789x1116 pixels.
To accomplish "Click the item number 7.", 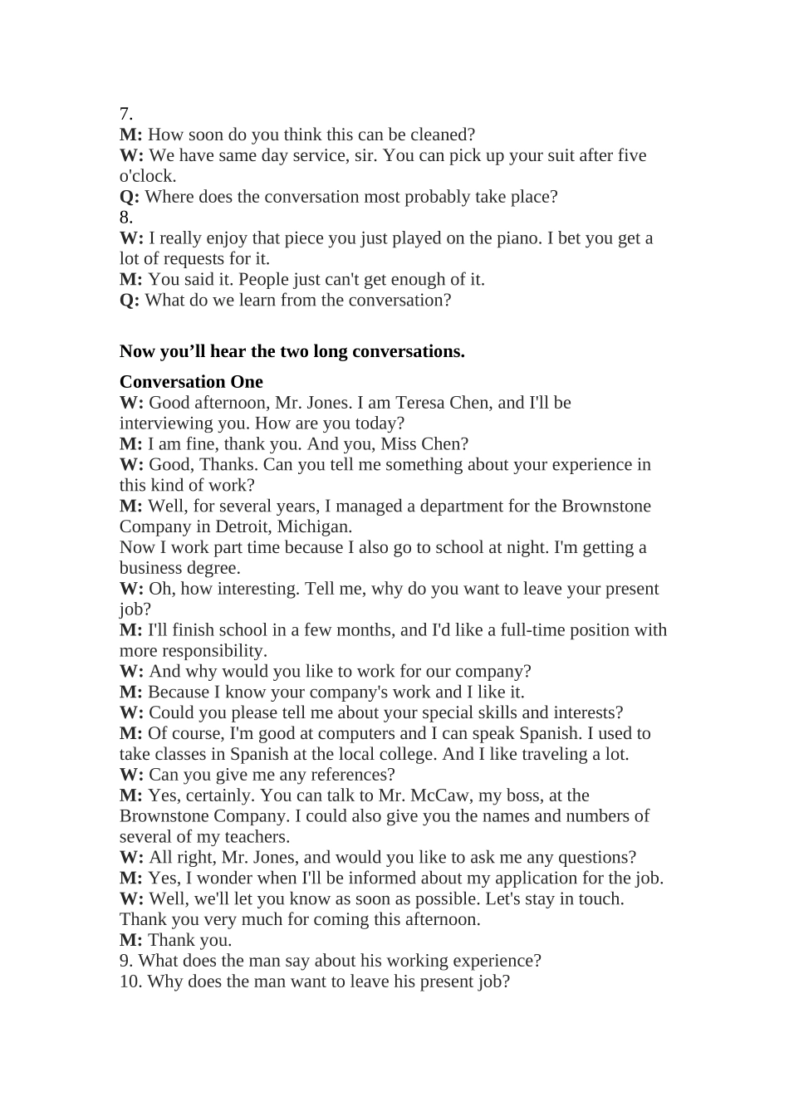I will coord(125,114).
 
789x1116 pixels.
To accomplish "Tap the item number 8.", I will coord(125,218).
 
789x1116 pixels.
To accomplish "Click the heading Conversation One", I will coord(191,382).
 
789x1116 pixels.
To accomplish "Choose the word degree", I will coord(212,568).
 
